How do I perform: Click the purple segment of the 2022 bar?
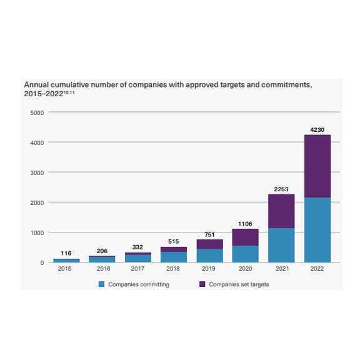pyautogui.click(x=317, y=166)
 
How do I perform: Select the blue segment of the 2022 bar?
pyautogui.click(x=317, y=230)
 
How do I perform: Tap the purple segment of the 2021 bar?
pyautogui.click(x=281, y=211)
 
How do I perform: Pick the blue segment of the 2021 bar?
pyautogui.click(x=281, y=245)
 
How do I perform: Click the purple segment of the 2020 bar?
pyautogui.click(x=245, y=237)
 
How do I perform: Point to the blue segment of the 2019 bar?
pyautogui.click(x=209, y=256)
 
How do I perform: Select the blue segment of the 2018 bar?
pyautogui.click(x=174, y=257)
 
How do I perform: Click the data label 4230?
pyautogui.click(x=317, y=129)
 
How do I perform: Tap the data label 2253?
pyautogui.click(x=281, y=189)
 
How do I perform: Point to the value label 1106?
pyautogui.click(x=245, y=223)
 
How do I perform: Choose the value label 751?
pyautogui.click(x=209, y=234)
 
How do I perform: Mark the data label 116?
pyautogui.click(x=66, y=253)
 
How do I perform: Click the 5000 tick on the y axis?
pyautogui.click(x=37, y=112)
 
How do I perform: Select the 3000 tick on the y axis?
pyautogui.click(x=37, y=172)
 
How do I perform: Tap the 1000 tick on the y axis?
pyautogui.click(x=37, y=232)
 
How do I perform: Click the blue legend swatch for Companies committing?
pyautogui.click(x=101, y=284)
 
